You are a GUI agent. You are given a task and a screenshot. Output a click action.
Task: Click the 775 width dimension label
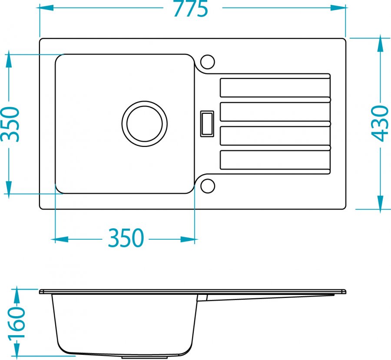191,9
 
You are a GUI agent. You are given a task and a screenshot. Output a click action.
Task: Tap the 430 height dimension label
380,123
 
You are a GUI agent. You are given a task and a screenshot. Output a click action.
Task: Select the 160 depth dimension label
17,323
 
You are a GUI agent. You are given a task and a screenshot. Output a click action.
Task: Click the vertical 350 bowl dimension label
10,124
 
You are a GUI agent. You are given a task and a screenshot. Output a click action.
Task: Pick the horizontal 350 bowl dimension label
126,238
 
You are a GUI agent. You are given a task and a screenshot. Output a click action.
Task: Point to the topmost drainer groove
275,88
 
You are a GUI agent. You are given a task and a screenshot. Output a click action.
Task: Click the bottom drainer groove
275,160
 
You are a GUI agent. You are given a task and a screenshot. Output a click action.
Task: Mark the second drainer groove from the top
275,112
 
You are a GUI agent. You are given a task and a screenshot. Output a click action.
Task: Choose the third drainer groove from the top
275,136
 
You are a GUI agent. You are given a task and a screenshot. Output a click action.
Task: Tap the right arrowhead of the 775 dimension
338,8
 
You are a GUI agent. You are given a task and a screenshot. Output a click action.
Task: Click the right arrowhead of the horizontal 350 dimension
188,240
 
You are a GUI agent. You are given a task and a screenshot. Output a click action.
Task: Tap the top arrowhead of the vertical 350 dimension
9,59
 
